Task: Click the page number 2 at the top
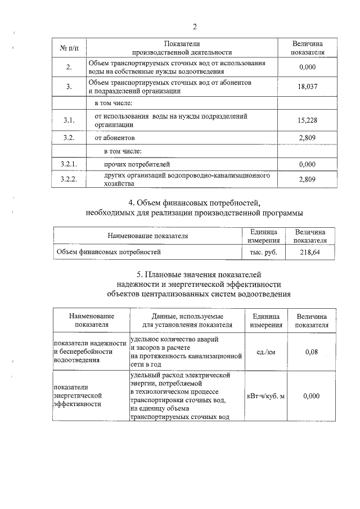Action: click(195, 27)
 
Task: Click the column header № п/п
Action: click(69, 48)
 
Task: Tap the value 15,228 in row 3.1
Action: click(307, 120)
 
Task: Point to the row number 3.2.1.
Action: click(69, 164)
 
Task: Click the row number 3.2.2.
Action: click(69, 179)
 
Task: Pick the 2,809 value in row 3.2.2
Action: click(307, 179)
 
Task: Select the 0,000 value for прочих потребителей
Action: click(307, 164)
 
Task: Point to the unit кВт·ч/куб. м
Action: click(266, 396)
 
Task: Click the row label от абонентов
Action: click(114, 137)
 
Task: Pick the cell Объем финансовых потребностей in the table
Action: click(108, 252)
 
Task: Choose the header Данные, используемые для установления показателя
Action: click(187, 321)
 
